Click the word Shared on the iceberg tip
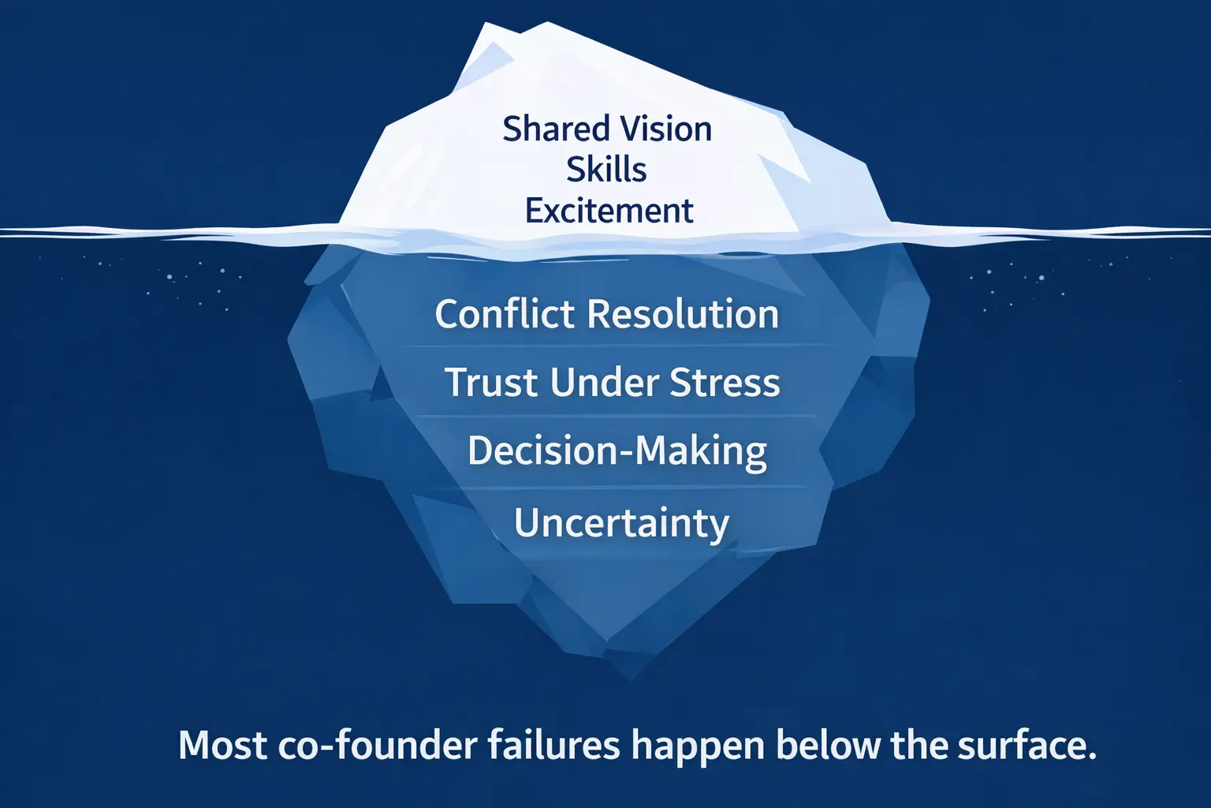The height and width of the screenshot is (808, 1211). point(556,129)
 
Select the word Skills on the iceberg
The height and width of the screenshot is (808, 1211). point(606,170)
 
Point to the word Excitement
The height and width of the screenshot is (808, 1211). point(609,210)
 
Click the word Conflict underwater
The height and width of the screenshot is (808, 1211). point(505,314)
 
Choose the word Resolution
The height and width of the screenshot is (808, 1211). point(684,314)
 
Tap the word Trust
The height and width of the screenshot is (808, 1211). point(491,382)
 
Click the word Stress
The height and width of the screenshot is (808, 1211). point(725,382)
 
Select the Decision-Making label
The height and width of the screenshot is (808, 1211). point(617,451)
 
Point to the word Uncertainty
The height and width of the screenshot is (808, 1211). point(622,523)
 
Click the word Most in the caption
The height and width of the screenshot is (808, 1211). point(223,746)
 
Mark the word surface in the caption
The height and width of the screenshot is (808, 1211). point(1020,746)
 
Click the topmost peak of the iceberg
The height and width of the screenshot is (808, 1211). point(547,22)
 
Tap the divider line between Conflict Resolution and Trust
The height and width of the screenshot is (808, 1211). point(617,346)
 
